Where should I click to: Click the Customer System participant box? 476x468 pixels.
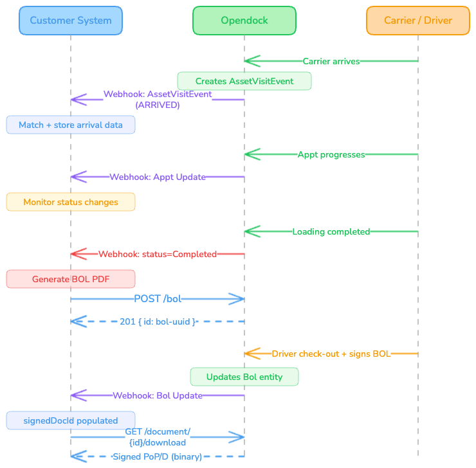point(71,21)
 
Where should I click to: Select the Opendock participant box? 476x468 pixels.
point(244,21)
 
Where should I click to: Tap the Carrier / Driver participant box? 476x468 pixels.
point(418,21)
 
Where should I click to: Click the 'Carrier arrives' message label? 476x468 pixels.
point(331,62)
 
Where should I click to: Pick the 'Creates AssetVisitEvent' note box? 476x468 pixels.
point(244,81)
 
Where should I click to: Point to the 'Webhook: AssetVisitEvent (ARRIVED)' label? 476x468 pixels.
point(158,100)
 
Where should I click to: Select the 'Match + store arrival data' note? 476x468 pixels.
point(71,125)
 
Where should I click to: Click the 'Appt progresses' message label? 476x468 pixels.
point(331,155)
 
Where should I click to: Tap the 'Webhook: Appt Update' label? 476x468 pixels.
point(158,177)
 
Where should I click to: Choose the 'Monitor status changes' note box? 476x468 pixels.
point(71,202)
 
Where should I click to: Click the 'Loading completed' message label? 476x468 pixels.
point(331,231)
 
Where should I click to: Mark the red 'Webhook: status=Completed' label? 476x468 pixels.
point(158,254)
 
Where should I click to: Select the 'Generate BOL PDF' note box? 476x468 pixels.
point(71,279)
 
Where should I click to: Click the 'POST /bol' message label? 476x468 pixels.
point(158,299)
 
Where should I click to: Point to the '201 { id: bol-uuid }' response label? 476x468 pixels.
point(158,321)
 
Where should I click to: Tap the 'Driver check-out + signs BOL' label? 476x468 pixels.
point(331,354)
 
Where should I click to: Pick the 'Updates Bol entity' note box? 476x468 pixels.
point(244,377)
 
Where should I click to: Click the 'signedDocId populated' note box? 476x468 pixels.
point(71,420)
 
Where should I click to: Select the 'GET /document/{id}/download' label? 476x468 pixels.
point(158,437)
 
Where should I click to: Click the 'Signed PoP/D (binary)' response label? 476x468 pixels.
point(158,456)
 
